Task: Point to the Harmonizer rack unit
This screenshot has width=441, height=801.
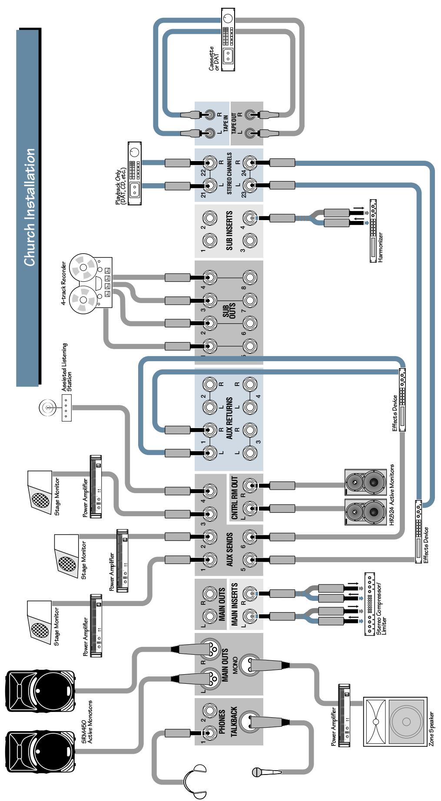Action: pos(373,230)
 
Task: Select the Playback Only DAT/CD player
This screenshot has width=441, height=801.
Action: pos(134,169)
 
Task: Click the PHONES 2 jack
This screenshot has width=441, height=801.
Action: pos(210,711)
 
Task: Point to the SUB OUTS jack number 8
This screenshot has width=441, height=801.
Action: pos(249,277)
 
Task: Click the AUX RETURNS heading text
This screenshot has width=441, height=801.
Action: pos(229,419)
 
